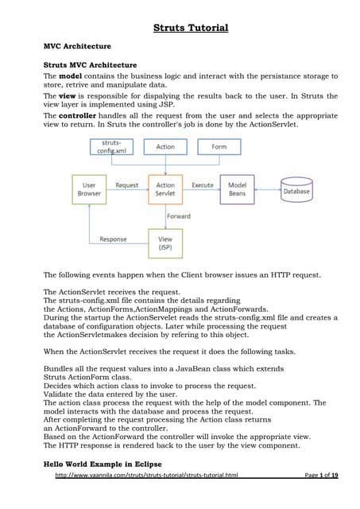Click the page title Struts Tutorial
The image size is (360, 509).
coord(190,29)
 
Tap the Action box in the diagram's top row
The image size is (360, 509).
coord(165,147)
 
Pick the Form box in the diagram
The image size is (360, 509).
coord(219,147)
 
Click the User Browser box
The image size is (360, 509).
coord(90,190)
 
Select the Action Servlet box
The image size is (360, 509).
coord(165,190)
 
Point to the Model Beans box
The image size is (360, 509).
coord(237,190)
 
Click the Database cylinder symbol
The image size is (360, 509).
coord(297,191)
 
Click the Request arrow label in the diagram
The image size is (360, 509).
coord(127,185)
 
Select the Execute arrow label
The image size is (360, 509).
coord(203,185)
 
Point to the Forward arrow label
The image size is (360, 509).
coord(179,215)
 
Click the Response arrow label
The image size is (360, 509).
coord(113,239)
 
